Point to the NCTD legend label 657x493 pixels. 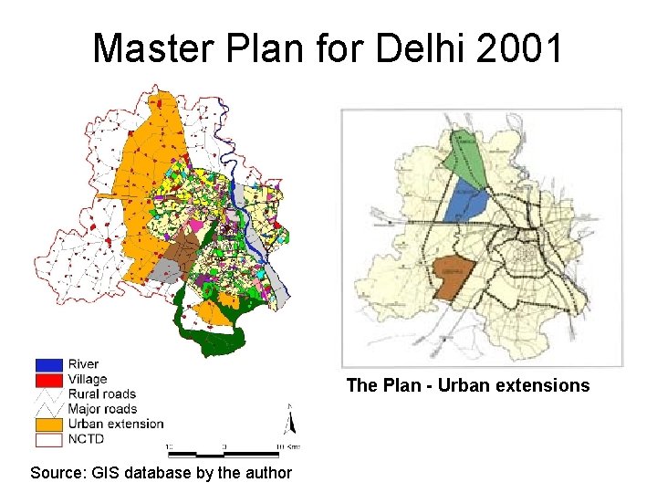point(87,439)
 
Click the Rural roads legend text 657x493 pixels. point(102,394)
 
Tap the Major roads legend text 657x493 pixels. point(102,409)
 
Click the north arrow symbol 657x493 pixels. point(289,421)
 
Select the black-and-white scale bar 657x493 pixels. point(223,453)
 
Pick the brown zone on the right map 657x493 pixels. point(455,278)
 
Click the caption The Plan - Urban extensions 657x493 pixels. point(468,385)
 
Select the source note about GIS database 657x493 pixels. point(161,473)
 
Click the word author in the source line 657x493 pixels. point(268,473)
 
